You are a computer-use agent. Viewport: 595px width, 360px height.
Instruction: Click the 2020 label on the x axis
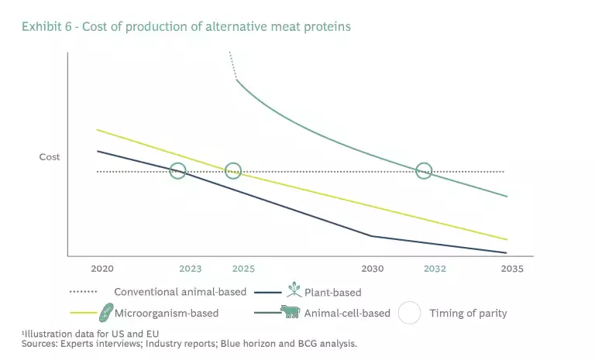tap(102, 269)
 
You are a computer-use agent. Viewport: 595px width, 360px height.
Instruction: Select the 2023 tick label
tap(190, 269)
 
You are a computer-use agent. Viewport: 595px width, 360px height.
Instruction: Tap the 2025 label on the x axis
tap(243, 269)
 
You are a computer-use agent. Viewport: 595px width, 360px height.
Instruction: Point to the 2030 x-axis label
tap(373, 269)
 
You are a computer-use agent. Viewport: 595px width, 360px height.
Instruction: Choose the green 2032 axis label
tap(435, 269)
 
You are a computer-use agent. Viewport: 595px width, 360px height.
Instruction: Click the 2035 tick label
tap(511, 269)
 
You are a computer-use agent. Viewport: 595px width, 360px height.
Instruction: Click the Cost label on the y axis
tap(50, 157)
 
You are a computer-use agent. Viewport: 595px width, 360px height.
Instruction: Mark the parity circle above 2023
tap(178, 171)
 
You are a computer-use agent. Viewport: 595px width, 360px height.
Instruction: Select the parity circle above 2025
tap(233, 171)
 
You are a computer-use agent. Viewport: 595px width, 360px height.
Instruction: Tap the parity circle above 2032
tap(424, 171)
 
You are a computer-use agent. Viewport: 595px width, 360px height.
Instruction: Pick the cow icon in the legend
tap(291, 312)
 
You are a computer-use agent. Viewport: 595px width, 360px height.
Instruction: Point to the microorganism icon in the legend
tap(106, 313)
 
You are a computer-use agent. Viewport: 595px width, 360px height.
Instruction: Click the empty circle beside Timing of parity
tap(409, 313)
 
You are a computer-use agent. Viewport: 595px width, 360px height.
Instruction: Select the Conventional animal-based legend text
tap(180, 293)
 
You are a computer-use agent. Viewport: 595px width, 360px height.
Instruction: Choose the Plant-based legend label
tap(333, 293)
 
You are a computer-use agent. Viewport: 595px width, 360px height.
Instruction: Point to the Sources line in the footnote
tap(189, 342)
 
